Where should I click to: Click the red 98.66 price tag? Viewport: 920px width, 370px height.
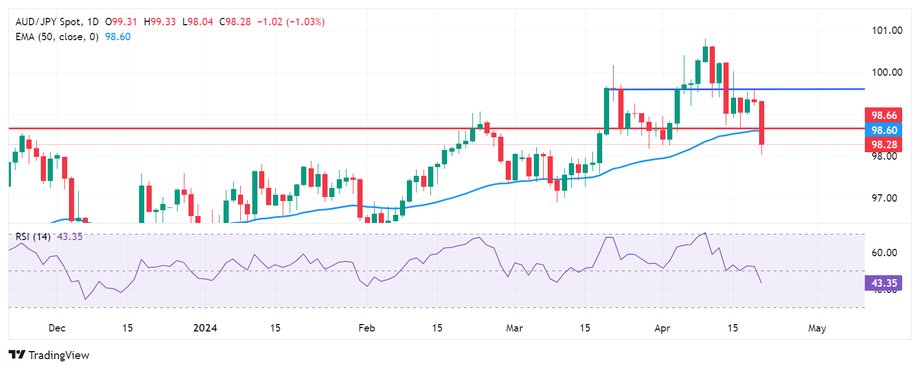coord(883,115)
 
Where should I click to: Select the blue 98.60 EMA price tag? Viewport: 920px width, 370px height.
coord(883,130)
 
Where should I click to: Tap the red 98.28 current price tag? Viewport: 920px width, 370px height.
coord(883,145)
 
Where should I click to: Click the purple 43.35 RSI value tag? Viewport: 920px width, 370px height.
coord(883,283)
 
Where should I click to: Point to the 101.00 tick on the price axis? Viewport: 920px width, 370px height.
coord(887,30)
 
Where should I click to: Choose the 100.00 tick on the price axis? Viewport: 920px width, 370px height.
coord(887,72)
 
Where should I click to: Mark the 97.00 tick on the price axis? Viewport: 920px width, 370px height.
coord(884,198)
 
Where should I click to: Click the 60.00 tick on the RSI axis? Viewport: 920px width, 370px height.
coord(884,253)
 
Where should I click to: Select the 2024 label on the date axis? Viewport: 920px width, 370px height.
coord(205,328)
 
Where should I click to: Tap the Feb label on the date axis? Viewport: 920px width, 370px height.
coord(367,328)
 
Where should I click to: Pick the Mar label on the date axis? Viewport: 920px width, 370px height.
coord(514,328)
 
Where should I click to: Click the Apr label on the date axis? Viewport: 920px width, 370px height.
coord(663,328)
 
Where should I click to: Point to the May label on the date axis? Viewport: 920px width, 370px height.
coord(817,328)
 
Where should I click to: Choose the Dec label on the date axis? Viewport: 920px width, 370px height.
coord(57,328)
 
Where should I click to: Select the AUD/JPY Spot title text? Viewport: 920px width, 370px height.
coord(48,22)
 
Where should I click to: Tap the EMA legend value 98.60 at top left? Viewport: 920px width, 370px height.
coord(118,37)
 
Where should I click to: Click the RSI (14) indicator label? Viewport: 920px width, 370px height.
coord(33,237)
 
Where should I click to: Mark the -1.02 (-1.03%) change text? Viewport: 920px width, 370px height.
coord(290,22)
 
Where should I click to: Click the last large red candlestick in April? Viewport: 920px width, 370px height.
coord(761,123)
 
